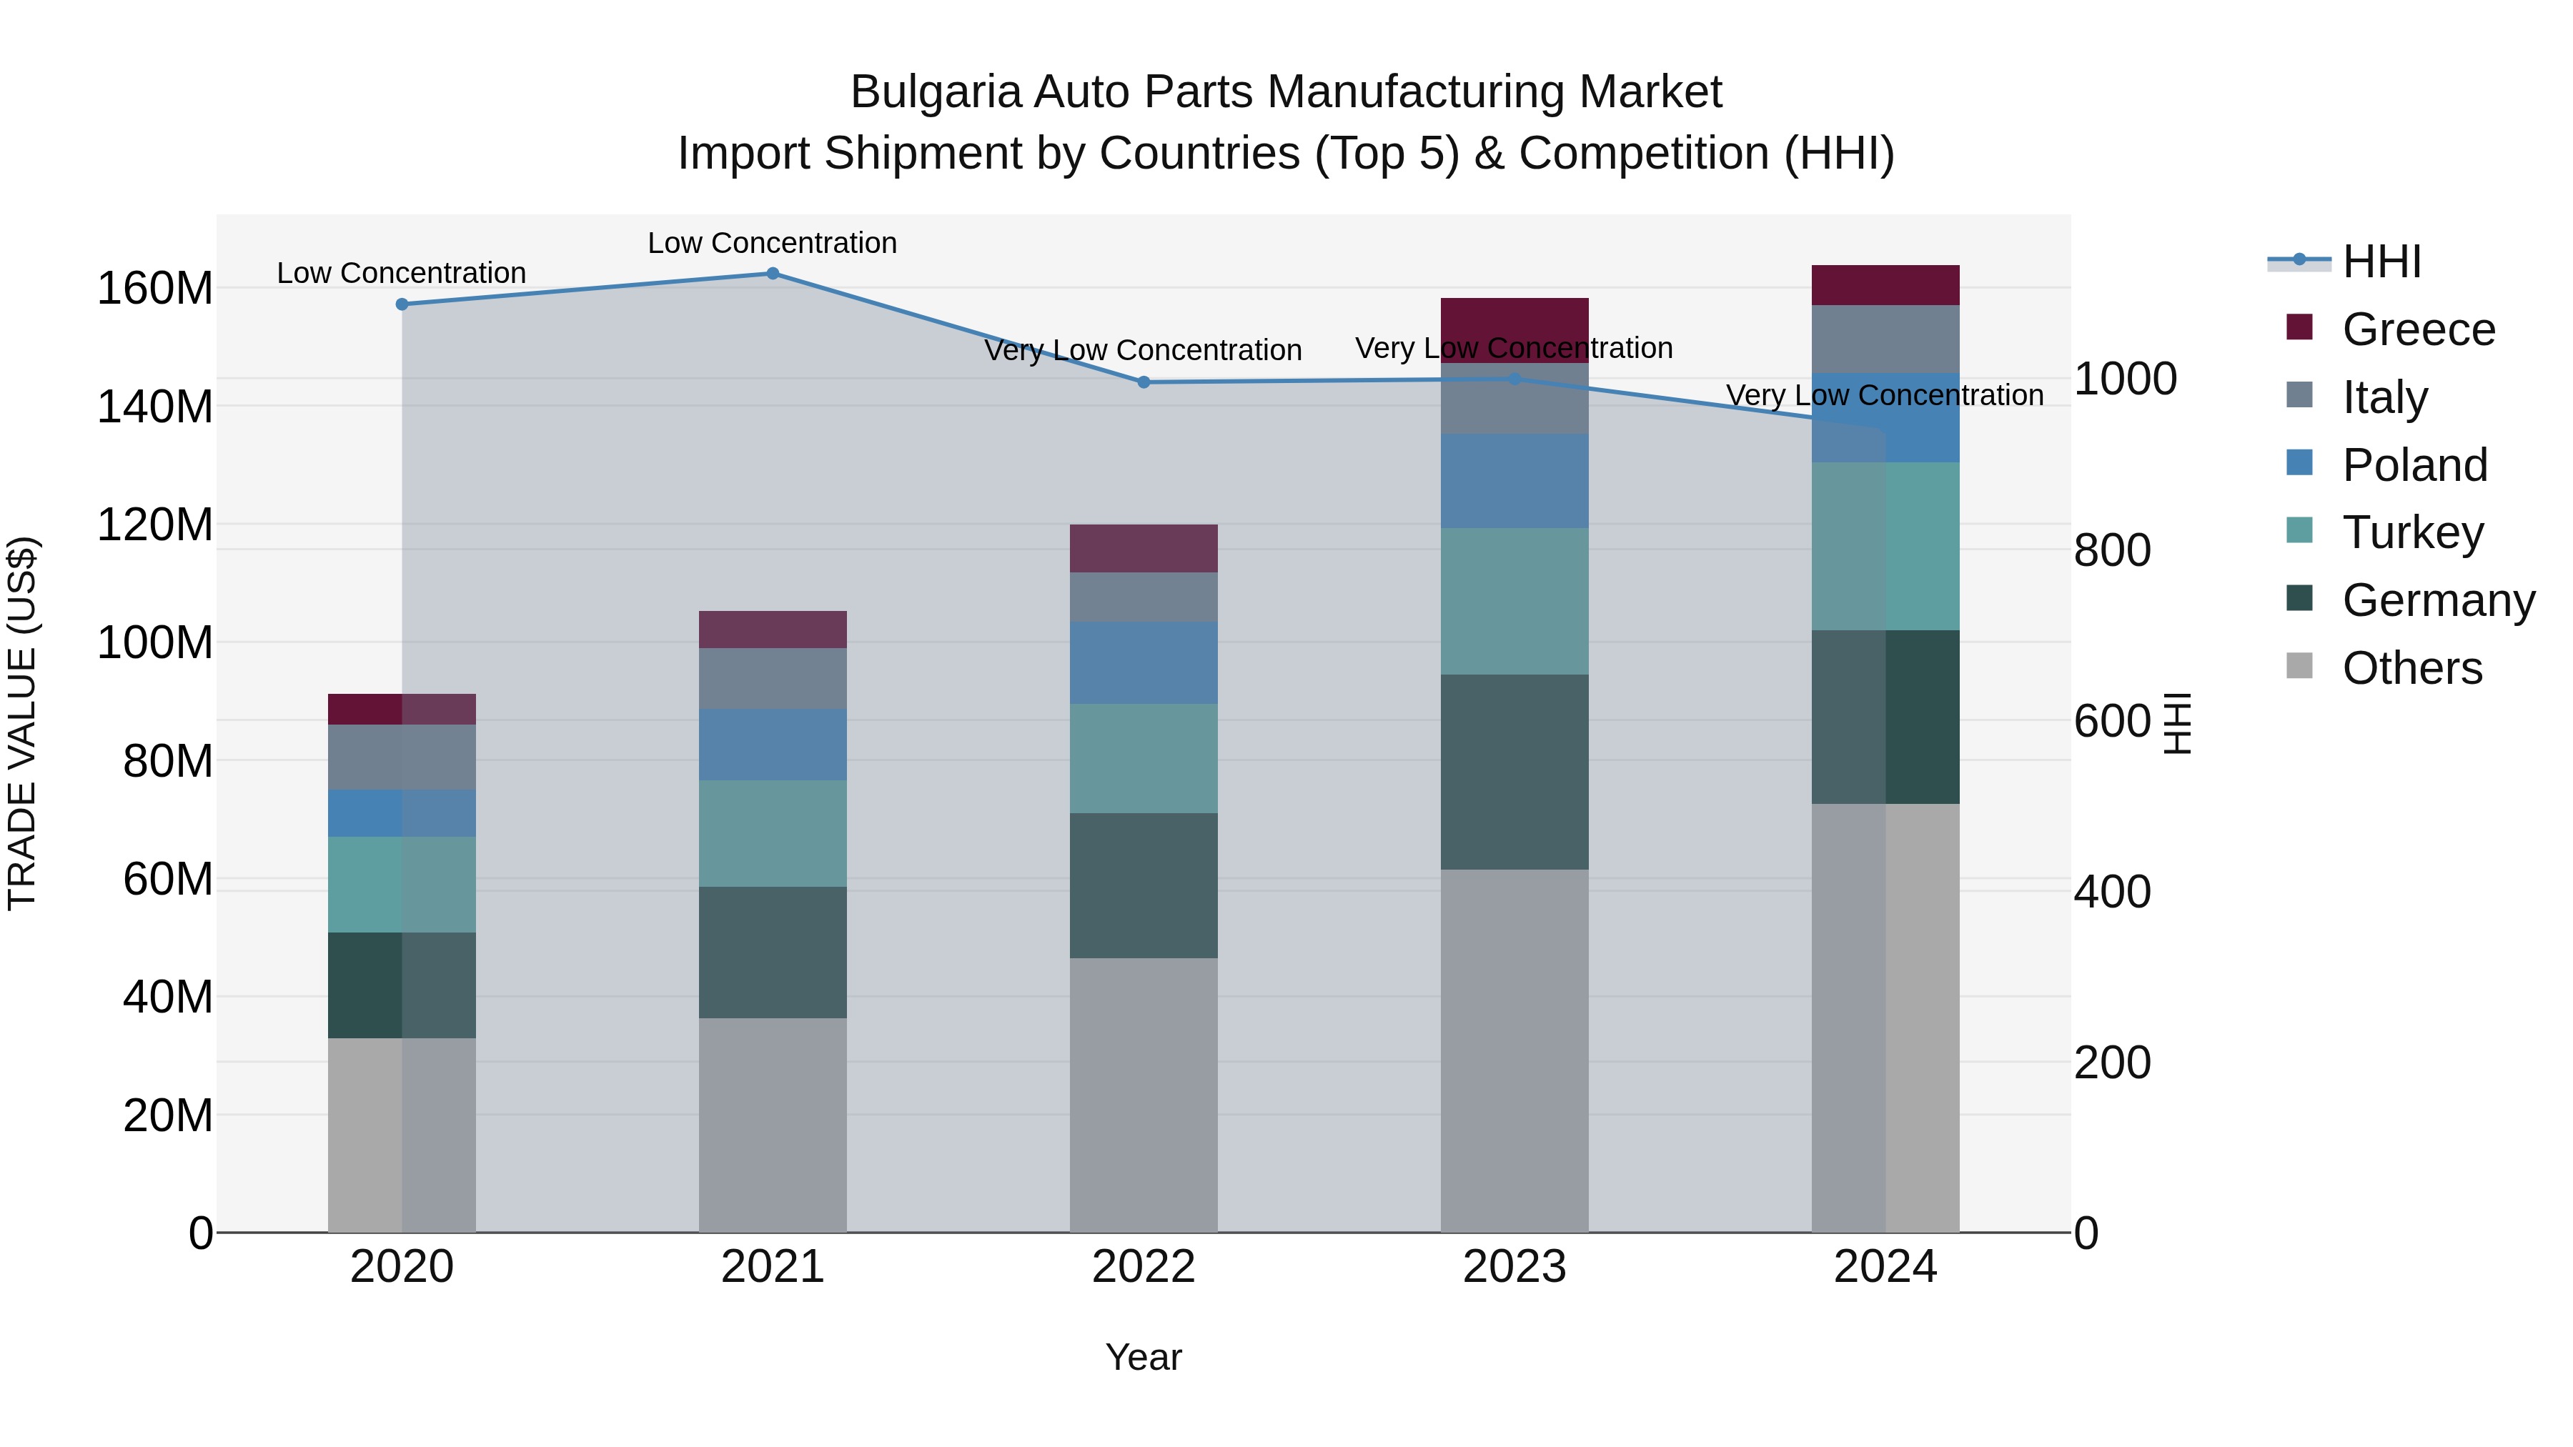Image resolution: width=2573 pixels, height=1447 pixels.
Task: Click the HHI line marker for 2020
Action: coord(402,304)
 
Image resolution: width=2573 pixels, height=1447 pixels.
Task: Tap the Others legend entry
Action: coord(2411,668)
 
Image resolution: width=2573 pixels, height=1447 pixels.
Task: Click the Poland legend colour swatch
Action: coord(2299,463)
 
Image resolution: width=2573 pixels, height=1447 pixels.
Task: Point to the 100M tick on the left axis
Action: coord(155,642)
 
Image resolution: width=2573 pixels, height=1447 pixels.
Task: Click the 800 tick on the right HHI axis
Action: coord(2113,550)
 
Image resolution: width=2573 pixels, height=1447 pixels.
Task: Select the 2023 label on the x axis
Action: coord(1514,1267)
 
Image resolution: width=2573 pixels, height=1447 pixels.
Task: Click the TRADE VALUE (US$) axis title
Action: coord(23,723)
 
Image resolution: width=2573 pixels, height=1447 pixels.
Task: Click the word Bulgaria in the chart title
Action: coord(935,92)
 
